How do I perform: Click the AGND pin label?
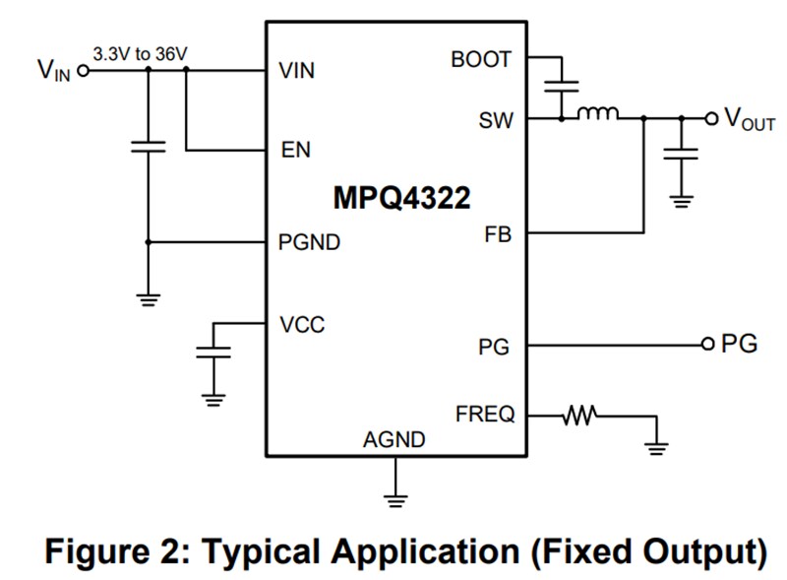(x=394, y=439)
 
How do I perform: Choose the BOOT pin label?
(x=481, y=59)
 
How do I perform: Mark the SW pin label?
(x=495, y=120)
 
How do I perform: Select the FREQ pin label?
(x=485, y=415)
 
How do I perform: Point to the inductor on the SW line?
(x=597, y=114)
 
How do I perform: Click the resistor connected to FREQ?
(x=580, y=416)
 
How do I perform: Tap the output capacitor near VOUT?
(x=680, y=153)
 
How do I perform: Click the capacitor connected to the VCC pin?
(x=213, y=352)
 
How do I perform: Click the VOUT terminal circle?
(x=710, y=118)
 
